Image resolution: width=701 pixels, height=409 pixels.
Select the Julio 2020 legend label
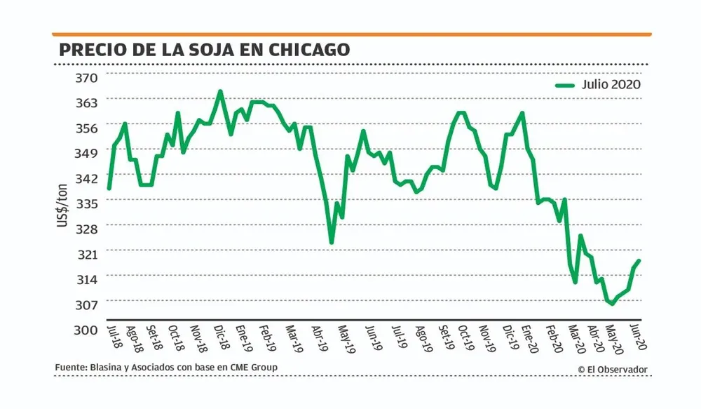pyautogui.click(x=611, y=85)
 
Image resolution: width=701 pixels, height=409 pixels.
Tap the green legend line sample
pyautogui.click(x=565, y=85)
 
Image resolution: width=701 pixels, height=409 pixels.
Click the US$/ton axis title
pyautogui.click(x=64, y=203)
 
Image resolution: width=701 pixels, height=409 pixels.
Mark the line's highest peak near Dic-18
pyautogui.click(x=220, y=91)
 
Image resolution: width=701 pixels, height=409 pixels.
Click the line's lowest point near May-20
pyautogui.click(x=612, y=304)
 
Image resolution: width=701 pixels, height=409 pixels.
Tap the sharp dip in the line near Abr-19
pyautogui.click(x=332, y=243)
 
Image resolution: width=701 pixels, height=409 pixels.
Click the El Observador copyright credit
pyautogui.click(x=613, y=369)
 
